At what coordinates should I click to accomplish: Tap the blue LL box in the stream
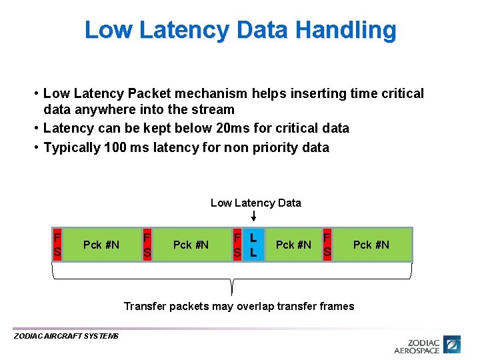click(x=253, y=245)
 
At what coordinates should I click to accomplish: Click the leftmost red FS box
click(x=57, y=245)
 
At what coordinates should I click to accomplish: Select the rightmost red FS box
click(x=327, y=245)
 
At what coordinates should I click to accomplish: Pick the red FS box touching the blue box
click(x=237, y=245)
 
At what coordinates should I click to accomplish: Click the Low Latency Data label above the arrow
click(x=255, y=203)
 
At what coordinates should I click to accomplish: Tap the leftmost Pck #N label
click(x=101, y=245)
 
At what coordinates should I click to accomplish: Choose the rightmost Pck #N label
click(x=371, y=245)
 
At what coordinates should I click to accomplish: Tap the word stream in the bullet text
click(x=213, y=109)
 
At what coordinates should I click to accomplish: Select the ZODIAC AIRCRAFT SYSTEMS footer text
click(x=66, y=336)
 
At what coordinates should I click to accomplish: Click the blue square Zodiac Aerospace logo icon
click(x=453, y=345)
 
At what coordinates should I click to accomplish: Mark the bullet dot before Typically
click(x=37, y=147)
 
